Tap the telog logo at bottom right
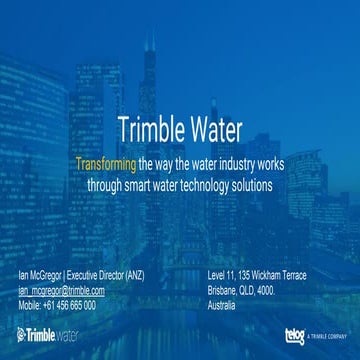(x=295, y=334)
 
